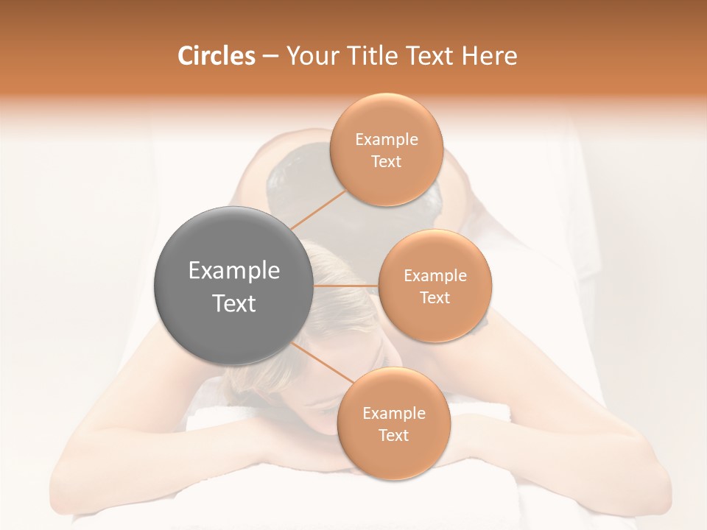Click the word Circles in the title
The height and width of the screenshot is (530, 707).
tap(217, 56)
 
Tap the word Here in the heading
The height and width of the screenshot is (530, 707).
tap(490, 56)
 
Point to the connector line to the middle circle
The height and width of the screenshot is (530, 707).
tap(345, 286)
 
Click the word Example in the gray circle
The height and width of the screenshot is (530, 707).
tap(233, 271)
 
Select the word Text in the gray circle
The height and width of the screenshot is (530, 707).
tap(233, 303)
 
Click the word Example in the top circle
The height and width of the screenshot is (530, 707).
tap(387, 139)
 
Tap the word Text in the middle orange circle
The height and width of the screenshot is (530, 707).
tap(435, 297)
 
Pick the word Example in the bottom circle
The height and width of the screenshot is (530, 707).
tap(394, 413)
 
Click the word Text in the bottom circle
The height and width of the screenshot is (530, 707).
tap(394, 435)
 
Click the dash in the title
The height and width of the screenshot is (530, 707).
tap(270, 56)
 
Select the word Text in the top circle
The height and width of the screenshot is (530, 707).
tap(387, 161)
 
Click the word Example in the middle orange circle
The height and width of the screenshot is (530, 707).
tap(435, 276)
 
